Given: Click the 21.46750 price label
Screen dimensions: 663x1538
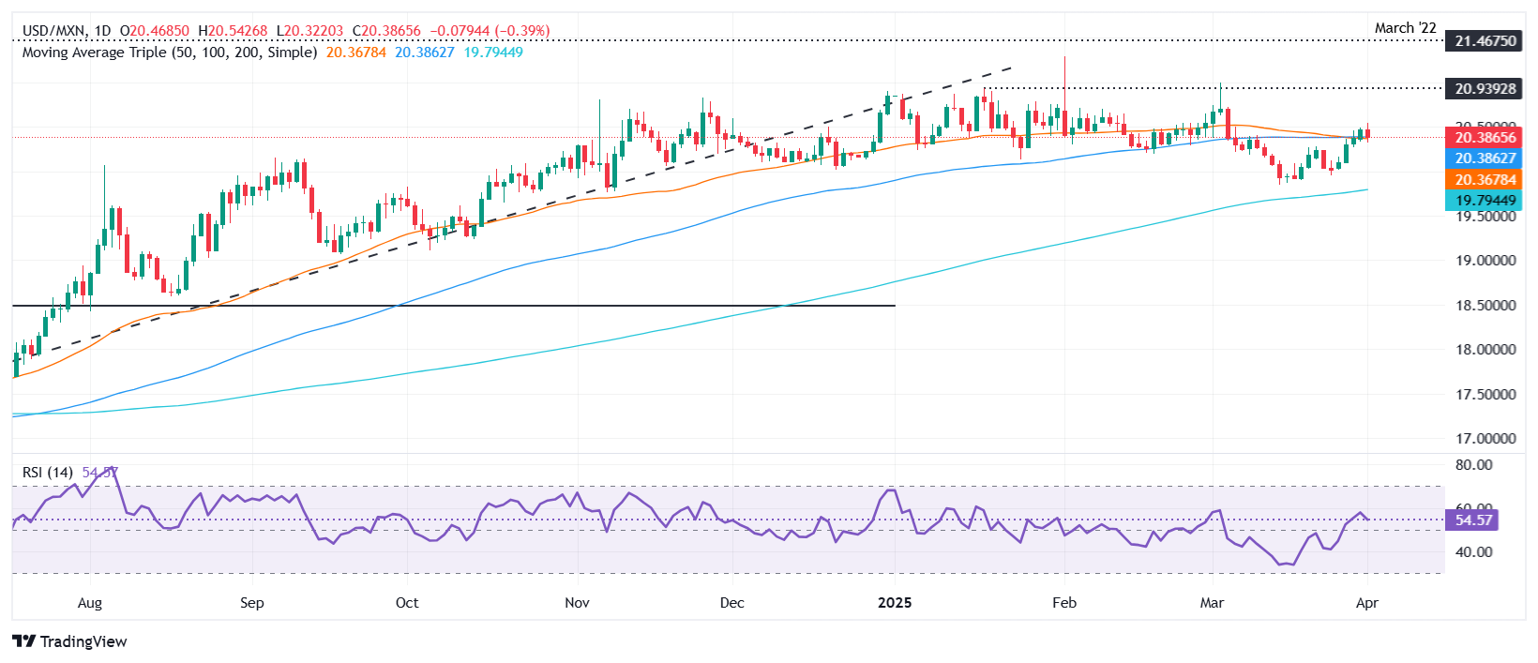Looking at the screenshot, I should [1485, 41].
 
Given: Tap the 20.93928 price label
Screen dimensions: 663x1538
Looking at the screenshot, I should [1485, 89].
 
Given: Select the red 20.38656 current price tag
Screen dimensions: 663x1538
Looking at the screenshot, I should [1485, 138].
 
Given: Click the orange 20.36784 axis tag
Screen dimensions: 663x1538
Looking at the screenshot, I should [1485, 180].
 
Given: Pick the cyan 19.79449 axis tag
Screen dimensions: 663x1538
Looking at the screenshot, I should [1485, 201].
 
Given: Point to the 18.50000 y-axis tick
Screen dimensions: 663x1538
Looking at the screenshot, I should [1485, 306].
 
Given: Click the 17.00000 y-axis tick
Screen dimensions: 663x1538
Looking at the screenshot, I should [1485, 439].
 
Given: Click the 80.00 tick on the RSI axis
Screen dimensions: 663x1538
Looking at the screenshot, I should [1473, 465].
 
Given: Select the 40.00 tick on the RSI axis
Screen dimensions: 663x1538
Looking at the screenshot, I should [1473, 552].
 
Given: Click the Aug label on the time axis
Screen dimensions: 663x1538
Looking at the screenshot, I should [90, 603].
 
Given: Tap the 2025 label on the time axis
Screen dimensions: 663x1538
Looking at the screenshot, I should [895, 603].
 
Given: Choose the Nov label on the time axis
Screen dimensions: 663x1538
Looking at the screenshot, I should [578, 603].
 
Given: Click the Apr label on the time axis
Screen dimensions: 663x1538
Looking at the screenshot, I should [1367, 603].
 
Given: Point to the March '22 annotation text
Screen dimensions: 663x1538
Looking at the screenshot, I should [1405, 28].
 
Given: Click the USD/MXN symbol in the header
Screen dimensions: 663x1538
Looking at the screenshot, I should [53, 31].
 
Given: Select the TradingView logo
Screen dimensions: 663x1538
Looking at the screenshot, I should [70, 641].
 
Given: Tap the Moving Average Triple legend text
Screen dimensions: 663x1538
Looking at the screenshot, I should [170, 53].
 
